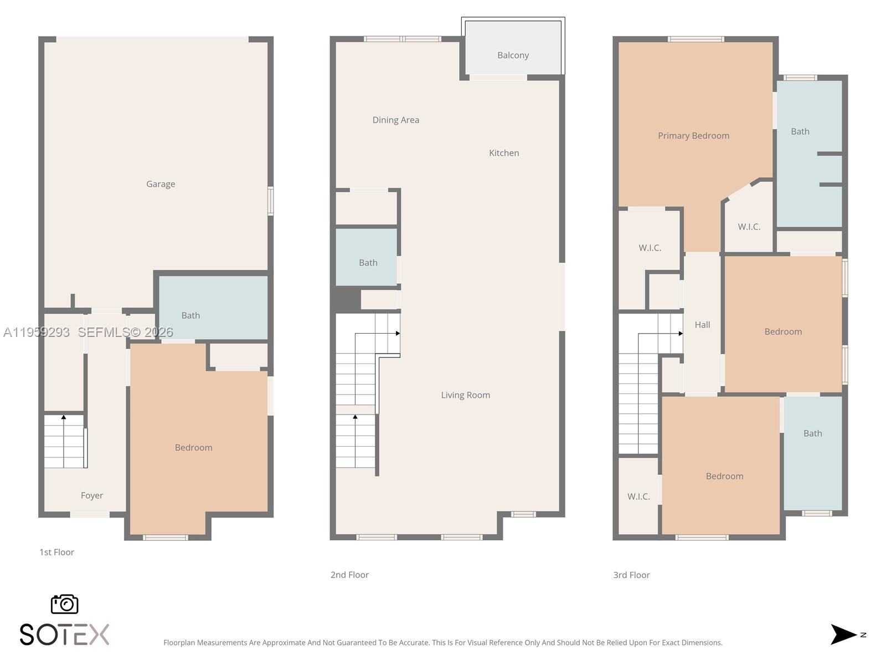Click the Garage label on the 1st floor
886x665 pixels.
(161, 184)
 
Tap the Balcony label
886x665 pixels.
(513, 55)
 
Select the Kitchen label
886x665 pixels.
(504, 153)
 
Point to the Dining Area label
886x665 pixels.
(395, 120)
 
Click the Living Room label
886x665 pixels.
(465, 395)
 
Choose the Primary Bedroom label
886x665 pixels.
(693, 136)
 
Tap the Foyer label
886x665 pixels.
(92, 495)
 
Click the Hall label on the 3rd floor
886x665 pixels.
(702, 325)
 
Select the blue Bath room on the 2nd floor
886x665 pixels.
(366, 257)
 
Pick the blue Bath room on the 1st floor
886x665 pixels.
(213, 308)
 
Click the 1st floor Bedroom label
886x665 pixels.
(193, 448)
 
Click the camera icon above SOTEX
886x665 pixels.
(65, 604)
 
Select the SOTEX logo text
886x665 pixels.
(65, 635)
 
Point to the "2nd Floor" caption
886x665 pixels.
(349, 575)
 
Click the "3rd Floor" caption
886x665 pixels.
(631, 575)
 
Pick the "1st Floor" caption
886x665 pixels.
(56, 553)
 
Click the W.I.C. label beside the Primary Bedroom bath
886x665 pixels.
(749, 227)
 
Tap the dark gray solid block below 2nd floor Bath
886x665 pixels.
(346, 300)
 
